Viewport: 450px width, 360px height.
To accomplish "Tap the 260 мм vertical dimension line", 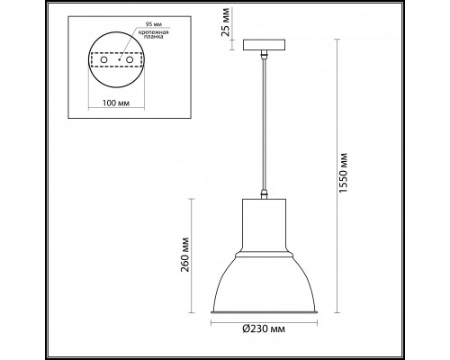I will coord(191,256).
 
